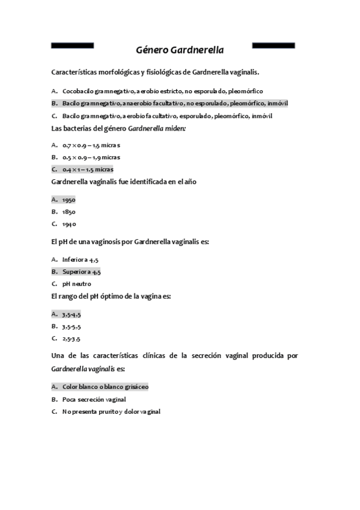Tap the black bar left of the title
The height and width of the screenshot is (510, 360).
coord(73,45)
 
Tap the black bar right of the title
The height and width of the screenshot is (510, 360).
coord(273,45)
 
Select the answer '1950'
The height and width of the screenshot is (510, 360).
coord(69,200)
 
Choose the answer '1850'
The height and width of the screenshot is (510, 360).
coord(69,212)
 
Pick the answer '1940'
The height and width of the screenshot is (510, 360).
coord(69,224)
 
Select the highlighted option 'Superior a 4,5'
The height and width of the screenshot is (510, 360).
coord(81,272)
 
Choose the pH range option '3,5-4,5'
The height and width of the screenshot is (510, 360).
coord(71,314)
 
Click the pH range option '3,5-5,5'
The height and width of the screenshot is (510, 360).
coord(71,326)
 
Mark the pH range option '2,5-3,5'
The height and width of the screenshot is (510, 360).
coord(71,339)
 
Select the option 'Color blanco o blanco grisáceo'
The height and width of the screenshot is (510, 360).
coord(105,387)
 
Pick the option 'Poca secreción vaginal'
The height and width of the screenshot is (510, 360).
coord(94,399)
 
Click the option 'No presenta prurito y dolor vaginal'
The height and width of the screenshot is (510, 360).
coord(111,411)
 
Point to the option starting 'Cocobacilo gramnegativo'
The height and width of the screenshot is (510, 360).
coord(162,91)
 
